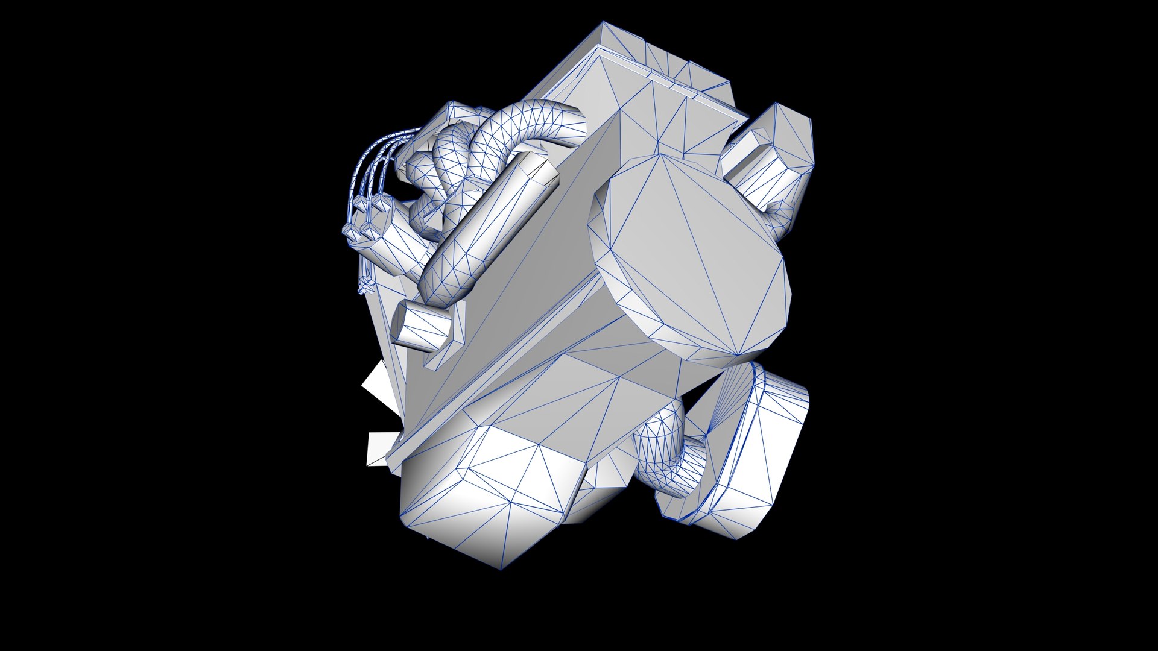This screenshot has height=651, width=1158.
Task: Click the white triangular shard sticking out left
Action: (x=377, y=386)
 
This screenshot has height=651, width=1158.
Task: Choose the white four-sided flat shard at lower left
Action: (x=381, y=449)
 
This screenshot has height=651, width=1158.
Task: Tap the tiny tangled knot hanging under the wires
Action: (x=363, y=286)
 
